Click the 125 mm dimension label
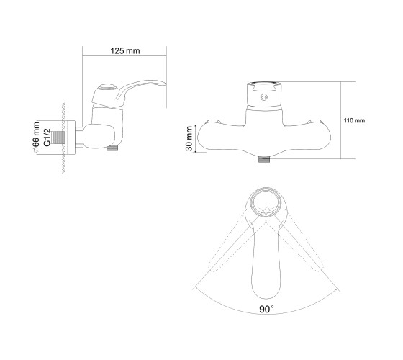point(125,51)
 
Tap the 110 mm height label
point(354,121)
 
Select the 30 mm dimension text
point(189,138)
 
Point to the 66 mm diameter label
point(36,138)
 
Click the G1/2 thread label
point(47,138)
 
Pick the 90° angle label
point(266,310)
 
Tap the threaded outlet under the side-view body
point(112,148)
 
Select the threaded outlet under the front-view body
point(264,159)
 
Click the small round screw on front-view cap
point(264,97)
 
